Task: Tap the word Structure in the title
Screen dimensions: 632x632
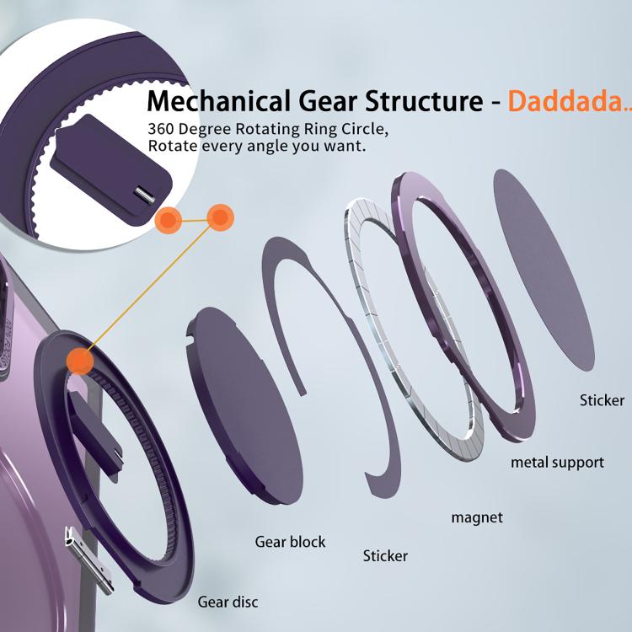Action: (x=421, y=101)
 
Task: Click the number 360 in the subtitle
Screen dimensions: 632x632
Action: (x=163, y=130)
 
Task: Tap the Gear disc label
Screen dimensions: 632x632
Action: (x=228, y=602)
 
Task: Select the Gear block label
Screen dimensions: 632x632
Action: (x=290, y=542)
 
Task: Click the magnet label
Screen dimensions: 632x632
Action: (x=477, y=517)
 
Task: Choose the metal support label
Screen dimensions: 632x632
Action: (x=557, y=463)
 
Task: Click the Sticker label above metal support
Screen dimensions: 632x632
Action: (x=602, y=400)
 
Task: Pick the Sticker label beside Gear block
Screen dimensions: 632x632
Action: (x=385, y=556)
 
